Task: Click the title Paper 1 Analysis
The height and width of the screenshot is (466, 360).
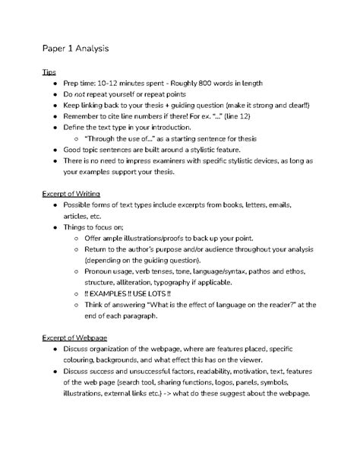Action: pyautogui.click(x=75, y=49)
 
